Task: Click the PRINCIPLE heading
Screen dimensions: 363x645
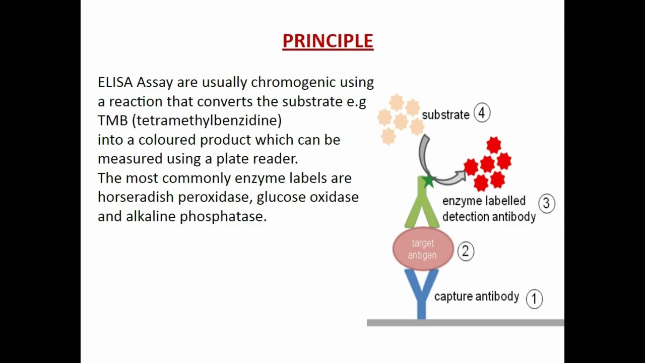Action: point(328,41)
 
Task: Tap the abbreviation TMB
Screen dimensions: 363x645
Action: point(112,120)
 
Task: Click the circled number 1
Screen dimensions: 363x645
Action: point(534,298)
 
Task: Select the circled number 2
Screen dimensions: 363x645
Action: point(465,251)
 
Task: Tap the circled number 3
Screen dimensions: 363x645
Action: point(546,203)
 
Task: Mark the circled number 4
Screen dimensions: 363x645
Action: point(482,113)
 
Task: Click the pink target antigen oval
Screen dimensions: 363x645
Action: point(422,249)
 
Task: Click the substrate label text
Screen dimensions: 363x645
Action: point(445,115)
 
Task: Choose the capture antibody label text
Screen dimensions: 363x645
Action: point(476,296)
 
